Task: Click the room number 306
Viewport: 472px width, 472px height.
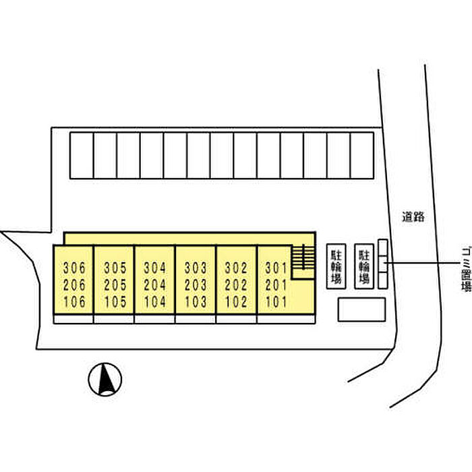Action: click(74, 268)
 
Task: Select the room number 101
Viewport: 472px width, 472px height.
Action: click(276, 302)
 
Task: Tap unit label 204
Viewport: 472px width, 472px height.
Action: click(154, 285)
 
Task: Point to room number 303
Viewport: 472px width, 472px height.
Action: click(196, 268)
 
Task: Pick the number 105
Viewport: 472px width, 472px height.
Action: click(115, 302)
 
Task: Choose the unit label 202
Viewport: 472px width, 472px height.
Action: click(236, 285)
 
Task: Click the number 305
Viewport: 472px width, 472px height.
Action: click(115, 268)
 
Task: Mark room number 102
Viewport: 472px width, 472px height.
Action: click(236, 302)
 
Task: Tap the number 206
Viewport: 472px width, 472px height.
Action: click(74, 285)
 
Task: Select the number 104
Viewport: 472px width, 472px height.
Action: click(154, 302)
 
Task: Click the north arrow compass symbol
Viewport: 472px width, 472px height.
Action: click(105, 379)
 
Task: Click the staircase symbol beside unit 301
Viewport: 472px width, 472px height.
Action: click(303, 257)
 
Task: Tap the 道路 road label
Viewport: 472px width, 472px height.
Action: click(413, 216)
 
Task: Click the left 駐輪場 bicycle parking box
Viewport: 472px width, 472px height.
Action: click(336, 266)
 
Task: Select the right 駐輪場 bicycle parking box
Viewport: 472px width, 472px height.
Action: click(364, 266)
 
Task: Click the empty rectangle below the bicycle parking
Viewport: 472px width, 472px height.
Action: click(361, 309)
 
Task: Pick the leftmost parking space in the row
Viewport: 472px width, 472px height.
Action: click(82, 156)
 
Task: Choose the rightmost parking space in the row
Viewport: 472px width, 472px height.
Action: click(362, 156)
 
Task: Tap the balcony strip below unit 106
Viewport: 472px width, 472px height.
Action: click(73, 319)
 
